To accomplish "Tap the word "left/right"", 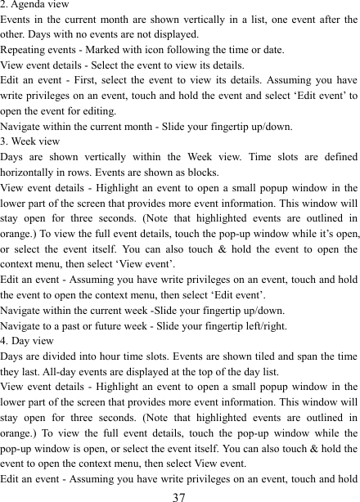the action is [260, 326].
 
